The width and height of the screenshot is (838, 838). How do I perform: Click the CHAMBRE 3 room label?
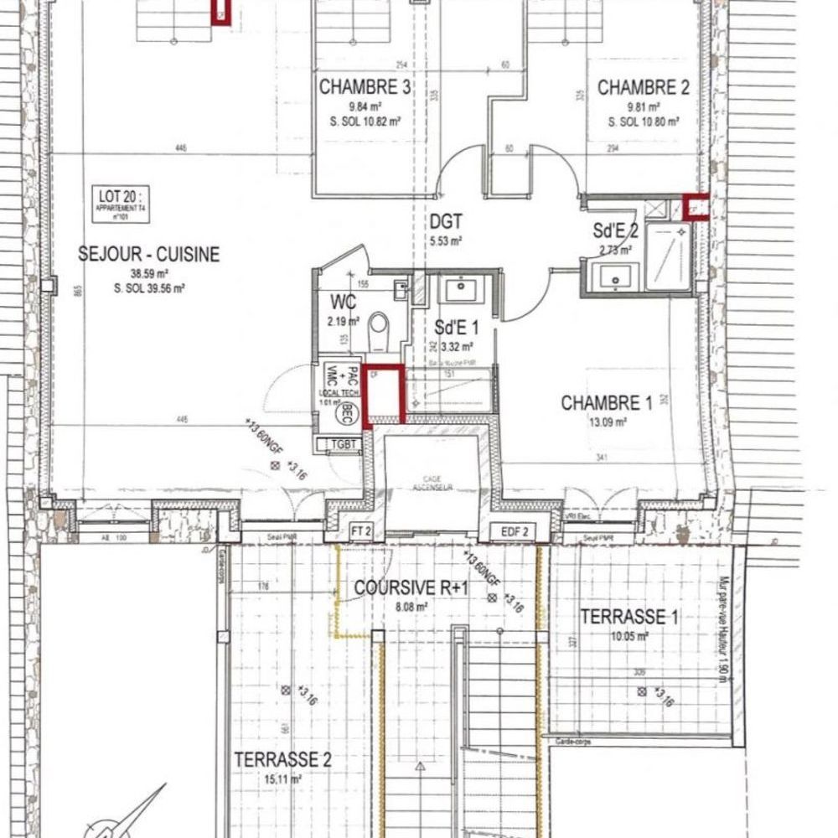[365, 87]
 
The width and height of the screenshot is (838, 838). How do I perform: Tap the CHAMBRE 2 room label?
[644, 87]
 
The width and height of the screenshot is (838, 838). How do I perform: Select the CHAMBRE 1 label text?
[606, 403]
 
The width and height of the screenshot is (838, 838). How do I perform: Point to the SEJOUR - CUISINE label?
[149, 254]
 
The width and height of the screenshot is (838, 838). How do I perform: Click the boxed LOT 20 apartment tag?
[117, 204]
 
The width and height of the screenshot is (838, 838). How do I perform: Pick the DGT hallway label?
[446, 222]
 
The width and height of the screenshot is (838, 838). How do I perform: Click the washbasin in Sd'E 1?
[458, 290]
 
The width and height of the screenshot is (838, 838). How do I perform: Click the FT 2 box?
[360, 531]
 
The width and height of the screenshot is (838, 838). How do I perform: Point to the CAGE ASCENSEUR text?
[432, 486]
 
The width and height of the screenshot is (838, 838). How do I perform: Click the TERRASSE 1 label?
[629, 618]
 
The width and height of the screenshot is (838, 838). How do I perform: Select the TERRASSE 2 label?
[282, 760]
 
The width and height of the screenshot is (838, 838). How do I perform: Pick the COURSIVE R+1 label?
[410, 588]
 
